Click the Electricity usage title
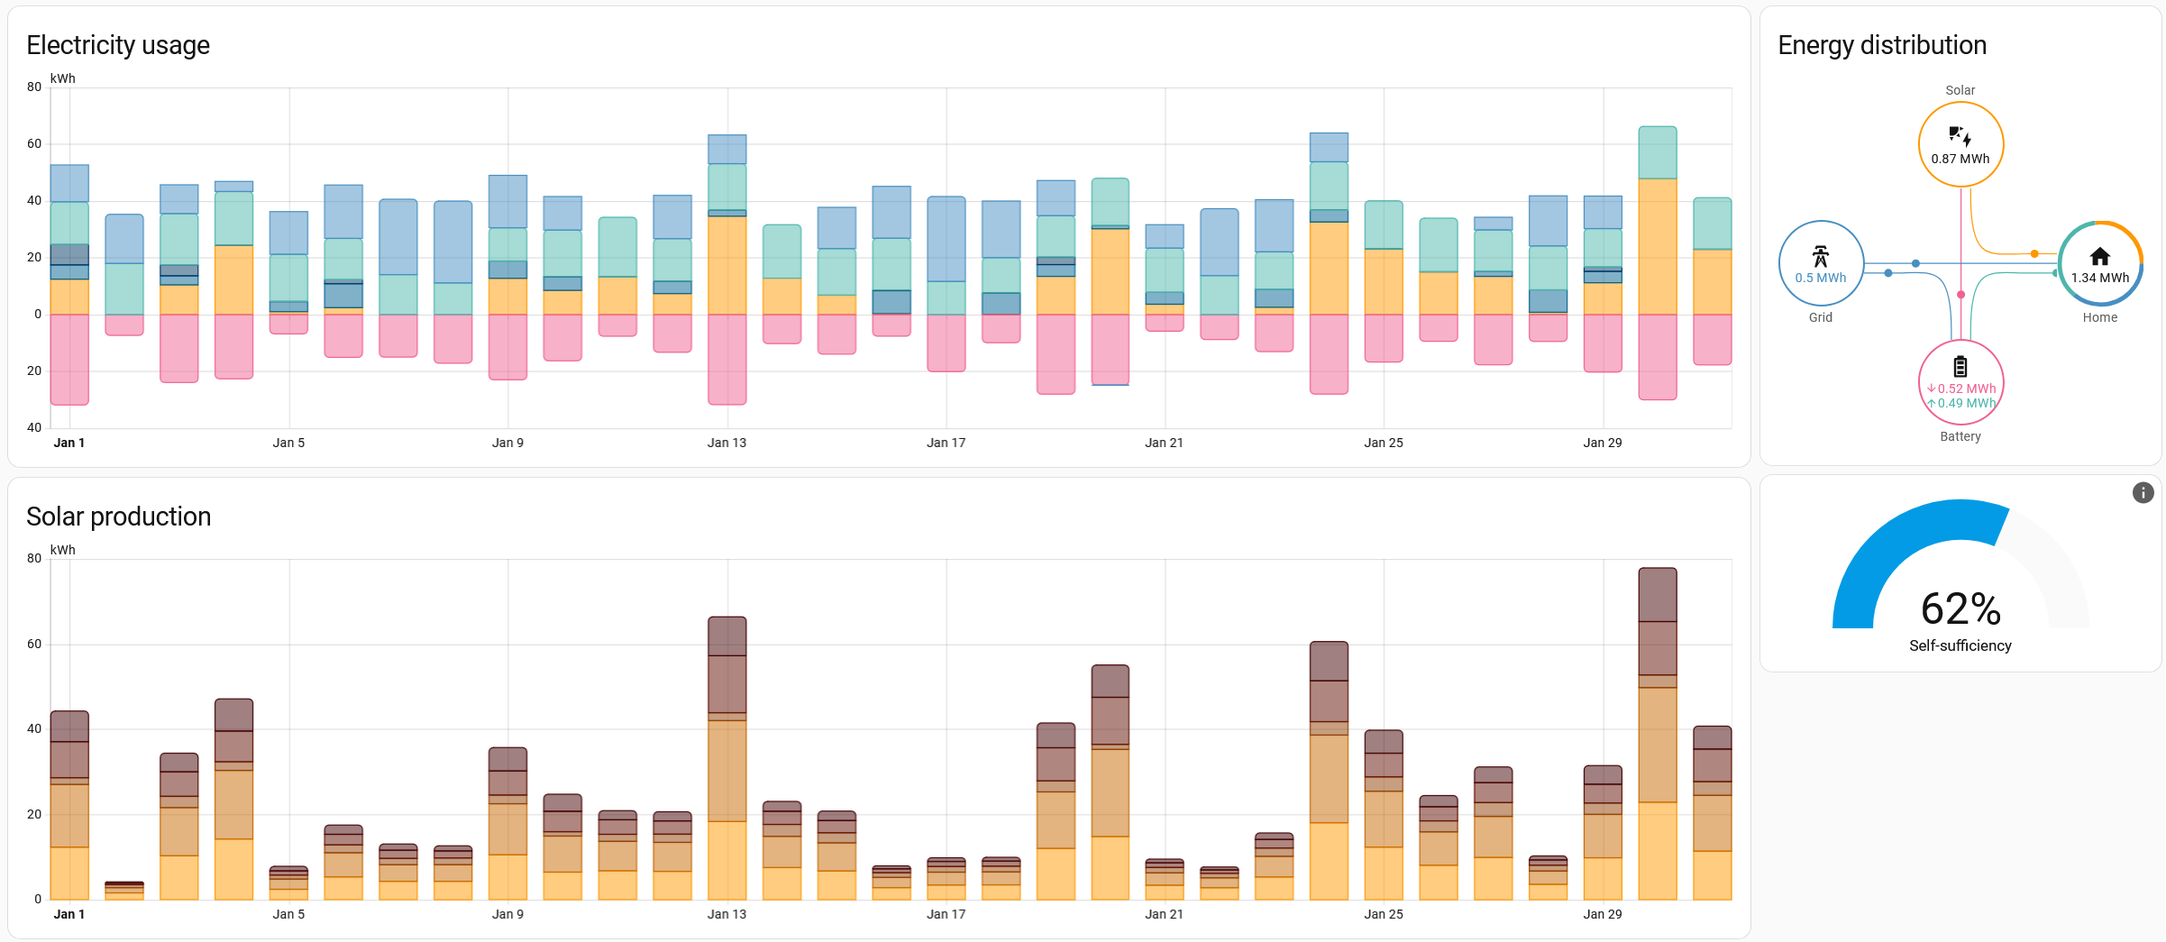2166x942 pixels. point(118,45)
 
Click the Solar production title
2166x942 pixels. point(118,517)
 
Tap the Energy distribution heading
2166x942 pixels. point(1882,45)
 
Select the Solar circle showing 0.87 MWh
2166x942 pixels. point(1960,144)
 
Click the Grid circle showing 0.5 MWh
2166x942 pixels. point(1821,263)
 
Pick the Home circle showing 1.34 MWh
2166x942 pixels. point(2100,263)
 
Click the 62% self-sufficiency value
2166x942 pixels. point(1960,609)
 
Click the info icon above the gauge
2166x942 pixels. point(2143,492)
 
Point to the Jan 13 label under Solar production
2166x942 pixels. point(727,914)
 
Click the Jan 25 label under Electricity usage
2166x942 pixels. point(1384,443)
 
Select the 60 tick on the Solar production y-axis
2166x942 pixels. point(34,644)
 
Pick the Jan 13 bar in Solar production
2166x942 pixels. point(727,757)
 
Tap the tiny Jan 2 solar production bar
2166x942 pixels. point(124,891)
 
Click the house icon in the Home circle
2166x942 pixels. point(2100,256)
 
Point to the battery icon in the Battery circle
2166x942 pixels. point(1960,366)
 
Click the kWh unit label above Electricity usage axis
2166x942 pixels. point(63,78)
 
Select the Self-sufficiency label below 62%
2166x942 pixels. point(1960,645)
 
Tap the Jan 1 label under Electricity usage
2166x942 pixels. point(69,443)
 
